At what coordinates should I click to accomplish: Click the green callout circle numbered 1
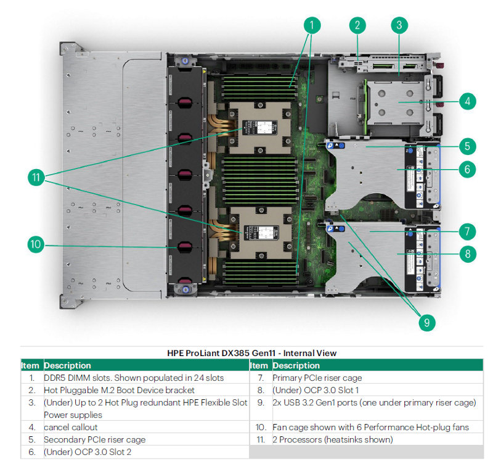tap(312, 25)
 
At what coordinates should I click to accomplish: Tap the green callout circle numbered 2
tap(357, 25)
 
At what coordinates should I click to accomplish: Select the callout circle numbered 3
tap(399, 25)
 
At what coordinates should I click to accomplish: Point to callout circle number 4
tap(467, 101)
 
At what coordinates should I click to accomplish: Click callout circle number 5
tap(467, 147)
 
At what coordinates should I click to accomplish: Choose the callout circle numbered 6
tap(467, 168)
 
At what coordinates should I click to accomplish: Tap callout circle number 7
tap(467, 231)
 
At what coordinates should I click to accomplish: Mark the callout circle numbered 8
tap(467, 253)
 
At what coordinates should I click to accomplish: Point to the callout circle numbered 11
tap(36, 177)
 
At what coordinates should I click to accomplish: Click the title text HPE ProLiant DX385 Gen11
tap(252, 353)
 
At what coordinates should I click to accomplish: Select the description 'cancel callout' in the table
tap(70, 427)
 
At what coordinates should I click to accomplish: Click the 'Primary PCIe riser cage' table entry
tap(317, 378)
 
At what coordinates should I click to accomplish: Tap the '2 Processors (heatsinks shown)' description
tap(332, 439)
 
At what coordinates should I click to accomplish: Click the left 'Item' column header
tap(30, 365)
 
